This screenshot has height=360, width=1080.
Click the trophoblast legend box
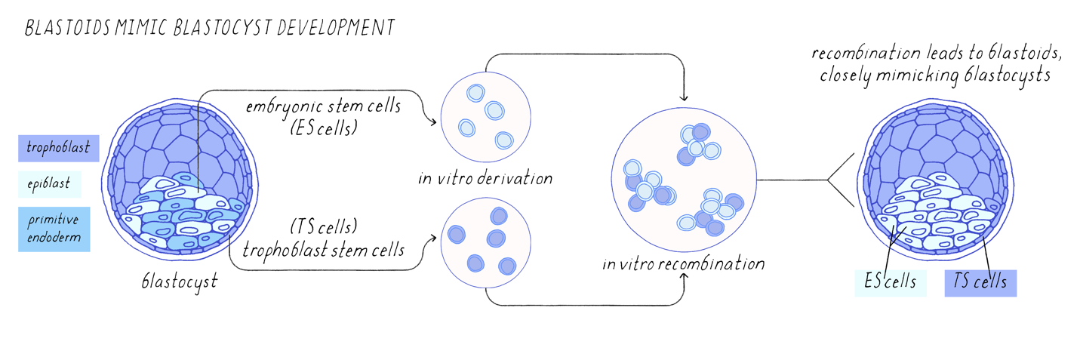tap(59, 147)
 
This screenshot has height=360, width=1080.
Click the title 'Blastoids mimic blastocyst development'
tap(209, 28)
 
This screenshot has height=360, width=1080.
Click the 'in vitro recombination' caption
tap(684, 265)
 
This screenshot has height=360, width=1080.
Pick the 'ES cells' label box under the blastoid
tap(890, 282)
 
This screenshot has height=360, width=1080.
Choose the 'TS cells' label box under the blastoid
tap(980, 282)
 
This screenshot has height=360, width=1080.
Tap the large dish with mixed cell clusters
tap(684, 180)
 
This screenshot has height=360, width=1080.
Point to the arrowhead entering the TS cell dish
tap(436, 238)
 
